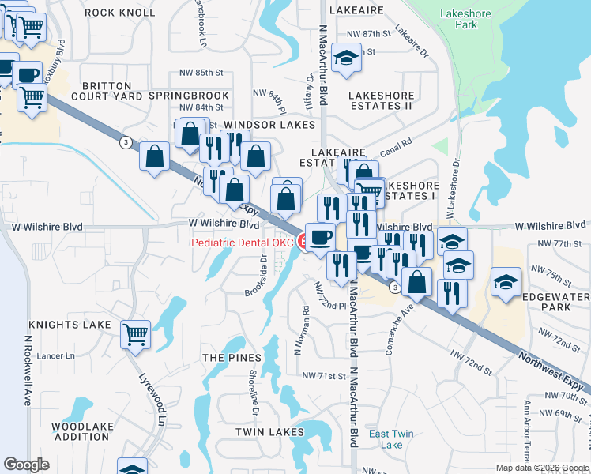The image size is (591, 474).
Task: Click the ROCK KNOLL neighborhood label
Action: pos(120,12)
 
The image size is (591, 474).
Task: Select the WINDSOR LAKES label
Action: pos(269,125)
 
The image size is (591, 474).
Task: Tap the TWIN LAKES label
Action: pos(269,432)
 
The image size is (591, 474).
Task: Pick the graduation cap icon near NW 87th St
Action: pos(346,58)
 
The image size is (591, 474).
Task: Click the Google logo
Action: pos(26,465)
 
